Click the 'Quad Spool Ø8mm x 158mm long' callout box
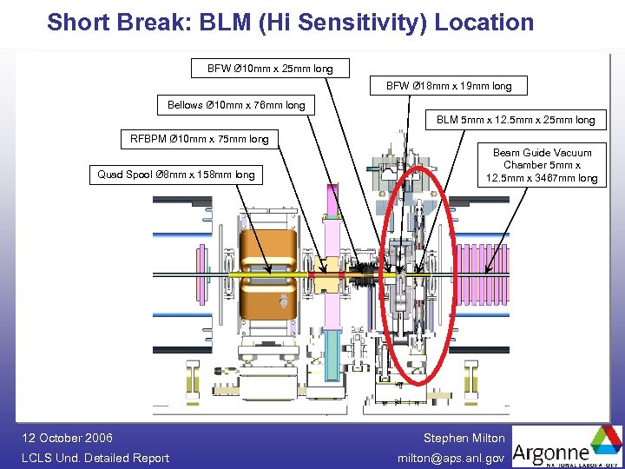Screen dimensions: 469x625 point(176,175)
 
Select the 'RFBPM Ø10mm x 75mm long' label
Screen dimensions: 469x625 point(199,139)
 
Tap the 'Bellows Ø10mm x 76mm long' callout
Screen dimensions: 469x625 point(236,105)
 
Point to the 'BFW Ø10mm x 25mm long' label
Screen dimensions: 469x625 point(261,68)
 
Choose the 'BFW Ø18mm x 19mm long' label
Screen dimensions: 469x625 point(449,86)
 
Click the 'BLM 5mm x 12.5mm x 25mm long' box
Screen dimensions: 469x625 point(516,120)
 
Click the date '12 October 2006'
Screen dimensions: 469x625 point(67,438)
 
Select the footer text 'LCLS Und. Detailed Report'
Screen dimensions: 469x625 point(95,458)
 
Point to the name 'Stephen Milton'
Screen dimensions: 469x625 point(464,438)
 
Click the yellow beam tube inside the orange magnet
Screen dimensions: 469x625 point(260,275)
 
